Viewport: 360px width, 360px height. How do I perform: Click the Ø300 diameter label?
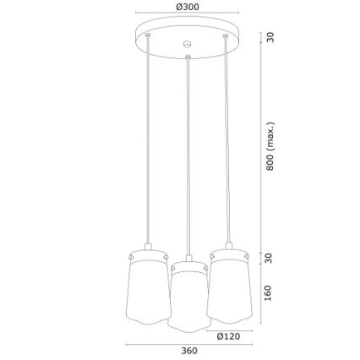tap(188, 7)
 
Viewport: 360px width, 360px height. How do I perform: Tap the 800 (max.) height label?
tap(270, 146)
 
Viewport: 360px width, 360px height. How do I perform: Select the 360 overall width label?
tap(189, 351)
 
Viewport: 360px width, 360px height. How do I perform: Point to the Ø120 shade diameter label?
tap(228, 335)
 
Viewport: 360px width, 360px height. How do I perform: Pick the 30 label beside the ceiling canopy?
tap(270, 38)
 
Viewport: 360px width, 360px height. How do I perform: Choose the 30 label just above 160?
tap(269, 258)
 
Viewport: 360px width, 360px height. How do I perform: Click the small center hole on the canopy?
tap(188, 45)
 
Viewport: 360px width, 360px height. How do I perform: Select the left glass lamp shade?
tap(149, 287)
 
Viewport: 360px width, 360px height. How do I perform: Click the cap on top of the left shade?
tap(149, 249)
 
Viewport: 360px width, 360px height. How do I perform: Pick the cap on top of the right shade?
tap(227, 249)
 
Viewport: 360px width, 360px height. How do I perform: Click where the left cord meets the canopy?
tap(149, 35)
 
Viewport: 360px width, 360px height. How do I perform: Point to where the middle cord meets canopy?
tap(188, 57)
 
